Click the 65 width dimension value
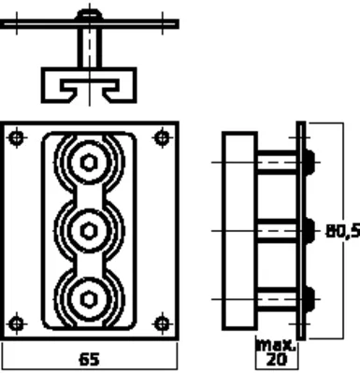coord(90,360)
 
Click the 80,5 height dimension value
coord(343,231)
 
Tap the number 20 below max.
coord(277,360)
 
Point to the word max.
coord(275,345)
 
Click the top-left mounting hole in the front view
coord(17,137)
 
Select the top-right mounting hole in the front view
coord(162,137)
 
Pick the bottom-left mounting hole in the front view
coord(17,323)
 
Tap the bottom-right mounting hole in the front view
coord(162,323)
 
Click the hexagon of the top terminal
coord(89,163)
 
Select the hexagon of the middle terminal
coord(89,231)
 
